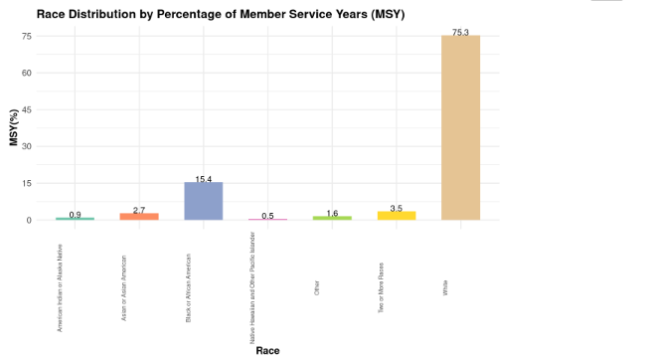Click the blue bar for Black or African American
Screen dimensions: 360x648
pos(203,201)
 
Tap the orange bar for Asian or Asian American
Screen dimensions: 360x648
pos(139,216)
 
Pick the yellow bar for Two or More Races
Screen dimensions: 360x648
pos(396,215)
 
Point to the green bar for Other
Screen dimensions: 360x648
pos(332,218)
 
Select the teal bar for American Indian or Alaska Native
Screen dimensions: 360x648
pos(75,219)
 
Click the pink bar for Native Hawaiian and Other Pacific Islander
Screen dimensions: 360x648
pos(267,220)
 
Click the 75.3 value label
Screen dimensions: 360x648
pos(460,33)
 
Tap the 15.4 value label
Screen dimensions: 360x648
pos(203,179)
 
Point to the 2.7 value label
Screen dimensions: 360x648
pos(139,211)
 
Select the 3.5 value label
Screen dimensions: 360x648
pos(396,209)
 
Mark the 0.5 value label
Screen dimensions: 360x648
pos(267,216)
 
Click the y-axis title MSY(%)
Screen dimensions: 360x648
pos(14,128)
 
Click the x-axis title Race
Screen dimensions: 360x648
pos(267,350)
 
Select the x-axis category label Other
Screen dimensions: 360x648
pos(316,289)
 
